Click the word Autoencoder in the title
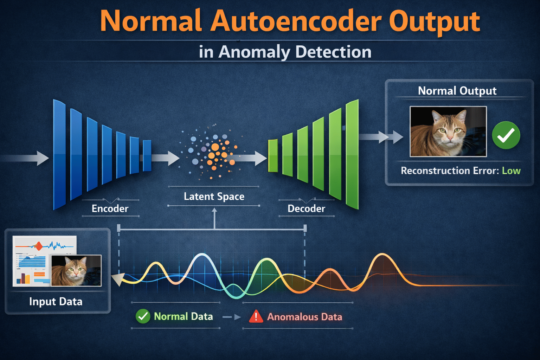pos(296,21)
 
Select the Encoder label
pos(110,208)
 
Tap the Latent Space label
pos(214,196)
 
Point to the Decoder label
pos(306,208)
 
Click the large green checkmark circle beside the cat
pos(506,135)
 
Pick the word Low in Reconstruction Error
pos(511,171)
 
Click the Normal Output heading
pos(457,91)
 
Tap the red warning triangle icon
pos(256,316)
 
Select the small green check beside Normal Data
pos(143,316)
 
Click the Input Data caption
pos(56,302)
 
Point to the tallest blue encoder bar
pos(59,155)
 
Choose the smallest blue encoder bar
pos(147,155)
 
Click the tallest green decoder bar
pos(352,155)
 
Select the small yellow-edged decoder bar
pos(273,156)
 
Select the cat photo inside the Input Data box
pos(76,270)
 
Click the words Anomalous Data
pos(304,317)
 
